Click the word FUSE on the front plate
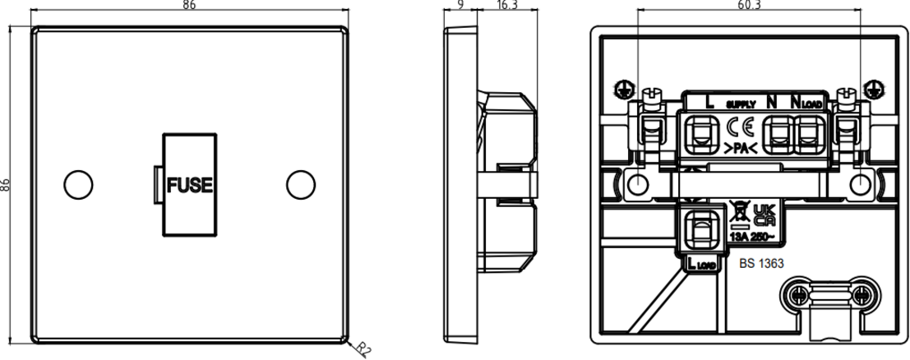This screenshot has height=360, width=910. pos(191,185)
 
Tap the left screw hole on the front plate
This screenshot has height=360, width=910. pos(76,184)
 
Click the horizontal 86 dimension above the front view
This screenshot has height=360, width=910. pos(190,6)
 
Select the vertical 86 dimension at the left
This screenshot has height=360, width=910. pos(7,185)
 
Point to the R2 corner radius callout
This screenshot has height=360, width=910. pos(363,349)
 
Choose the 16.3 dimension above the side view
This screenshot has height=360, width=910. pos(506,6)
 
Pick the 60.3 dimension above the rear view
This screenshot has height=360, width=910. pos(749,6)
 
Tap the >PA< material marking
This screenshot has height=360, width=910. pos(741,148)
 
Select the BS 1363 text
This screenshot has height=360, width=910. pos(760,265)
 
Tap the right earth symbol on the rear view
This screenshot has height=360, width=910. pos(875,87)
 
